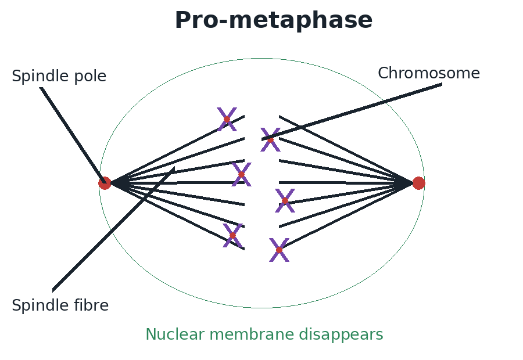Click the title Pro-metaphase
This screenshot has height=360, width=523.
(274, 20)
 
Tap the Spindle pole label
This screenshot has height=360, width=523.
(59, 76)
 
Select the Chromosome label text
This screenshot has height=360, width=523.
(429, 73)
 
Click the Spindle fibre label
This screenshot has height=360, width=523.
(60, 305)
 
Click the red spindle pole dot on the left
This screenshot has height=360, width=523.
(105, 183)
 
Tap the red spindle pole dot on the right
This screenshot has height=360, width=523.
(418, 183)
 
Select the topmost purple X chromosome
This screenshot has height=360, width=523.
(227, 120)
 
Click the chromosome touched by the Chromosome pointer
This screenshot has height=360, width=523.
(270, 140)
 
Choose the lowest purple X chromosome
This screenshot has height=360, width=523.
(279, 250)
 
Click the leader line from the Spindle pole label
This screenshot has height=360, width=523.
(73, 135)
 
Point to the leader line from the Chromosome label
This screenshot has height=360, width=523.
(352, 111)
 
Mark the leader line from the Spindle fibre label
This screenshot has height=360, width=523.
(113, 229)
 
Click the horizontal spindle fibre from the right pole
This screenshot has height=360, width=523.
(346, 183)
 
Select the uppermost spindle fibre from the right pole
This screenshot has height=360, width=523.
(346, 149)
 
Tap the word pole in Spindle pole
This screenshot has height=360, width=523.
(90, 76)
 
